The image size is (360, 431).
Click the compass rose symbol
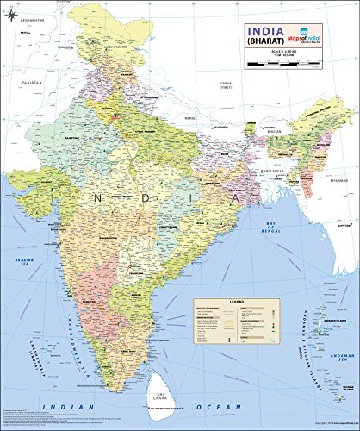(11, 16)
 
